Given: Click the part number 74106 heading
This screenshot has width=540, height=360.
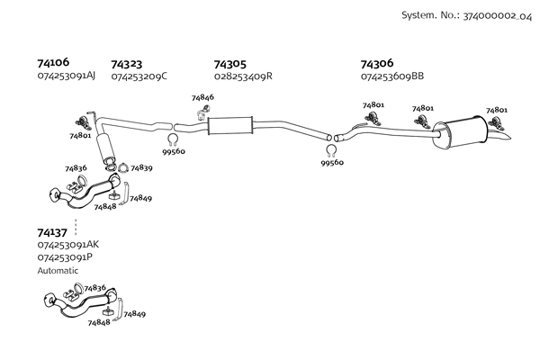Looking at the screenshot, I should (x=53, y=63).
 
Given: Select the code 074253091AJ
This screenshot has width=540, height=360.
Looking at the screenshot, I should (x=67, y=76).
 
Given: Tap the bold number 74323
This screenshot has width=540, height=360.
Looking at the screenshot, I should (x=127, y=64).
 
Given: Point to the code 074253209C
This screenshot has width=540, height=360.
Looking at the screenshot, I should (x=139, y=76).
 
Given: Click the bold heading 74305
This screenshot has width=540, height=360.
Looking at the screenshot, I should (x=229, y=64).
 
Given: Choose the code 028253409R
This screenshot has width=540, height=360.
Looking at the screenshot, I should (x=243, y=76).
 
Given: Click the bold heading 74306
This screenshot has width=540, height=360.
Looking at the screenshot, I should (x=377, y=64).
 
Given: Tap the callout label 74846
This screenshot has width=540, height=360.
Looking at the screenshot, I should (x=202, y=97).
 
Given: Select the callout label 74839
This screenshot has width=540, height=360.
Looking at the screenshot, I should (x=141, y=167).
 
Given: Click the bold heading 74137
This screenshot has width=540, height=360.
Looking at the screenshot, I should (x=53, y=231).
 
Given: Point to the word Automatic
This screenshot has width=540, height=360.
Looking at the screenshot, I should (x=58, y=270).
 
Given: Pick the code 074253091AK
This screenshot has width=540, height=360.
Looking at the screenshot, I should (x=68, y=244).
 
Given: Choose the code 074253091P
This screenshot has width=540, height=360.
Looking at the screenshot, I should (x=65, y=256).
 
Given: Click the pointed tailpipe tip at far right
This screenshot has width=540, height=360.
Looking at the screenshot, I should (x=509, y=138).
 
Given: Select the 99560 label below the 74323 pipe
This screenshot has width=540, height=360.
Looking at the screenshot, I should (x=173, y=151).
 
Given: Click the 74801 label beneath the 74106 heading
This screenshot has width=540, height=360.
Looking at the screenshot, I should (x=80, y=136).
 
